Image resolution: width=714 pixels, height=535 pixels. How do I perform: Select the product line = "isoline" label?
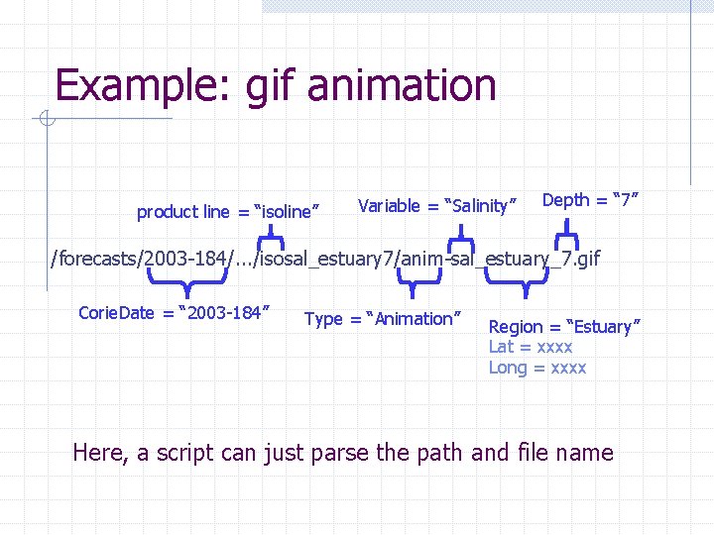tap(227, 211)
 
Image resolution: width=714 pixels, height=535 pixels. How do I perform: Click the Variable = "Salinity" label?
tap(438, 206)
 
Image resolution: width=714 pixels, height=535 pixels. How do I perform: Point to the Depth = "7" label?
tap(589, 200)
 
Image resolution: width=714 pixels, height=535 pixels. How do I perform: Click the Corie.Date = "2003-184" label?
tap(175, 313)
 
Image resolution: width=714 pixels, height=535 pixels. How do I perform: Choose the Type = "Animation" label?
tap(383, 318)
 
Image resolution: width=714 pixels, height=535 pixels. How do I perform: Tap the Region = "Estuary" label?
tap(564, 326)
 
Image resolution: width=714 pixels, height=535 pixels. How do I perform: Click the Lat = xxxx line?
tap(531, 347)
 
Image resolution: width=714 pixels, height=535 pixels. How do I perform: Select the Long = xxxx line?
tap(537, 368)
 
